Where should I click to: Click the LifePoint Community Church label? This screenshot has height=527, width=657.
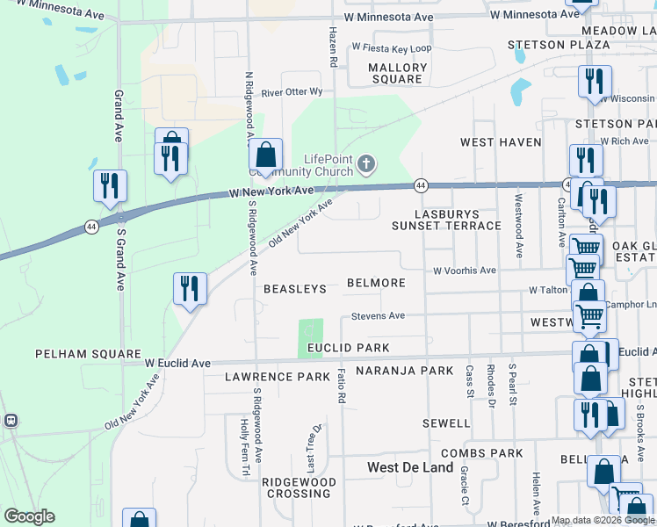point(327,164)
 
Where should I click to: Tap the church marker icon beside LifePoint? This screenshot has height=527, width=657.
point(367,163)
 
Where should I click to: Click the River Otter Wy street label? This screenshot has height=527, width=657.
point(292,91)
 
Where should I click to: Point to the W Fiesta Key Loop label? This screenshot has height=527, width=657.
point(392,48)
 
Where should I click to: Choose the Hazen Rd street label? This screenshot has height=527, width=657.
point(333,47)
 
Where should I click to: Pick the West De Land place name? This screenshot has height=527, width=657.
point(410,467)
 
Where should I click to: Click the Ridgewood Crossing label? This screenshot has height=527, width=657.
point(300,487)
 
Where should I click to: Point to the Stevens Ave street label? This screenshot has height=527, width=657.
point(378,315)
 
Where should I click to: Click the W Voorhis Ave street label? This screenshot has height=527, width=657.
point(465,271)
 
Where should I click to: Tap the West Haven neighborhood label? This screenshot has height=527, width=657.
point(501,142)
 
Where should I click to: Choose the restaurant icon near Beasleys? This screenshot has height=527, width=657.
point(190,288)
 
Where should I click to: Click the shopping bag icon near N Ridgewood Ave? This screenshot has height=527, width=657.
point(265,155)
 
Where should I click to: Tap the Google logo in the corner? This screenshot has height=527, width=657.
point(29,516)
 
